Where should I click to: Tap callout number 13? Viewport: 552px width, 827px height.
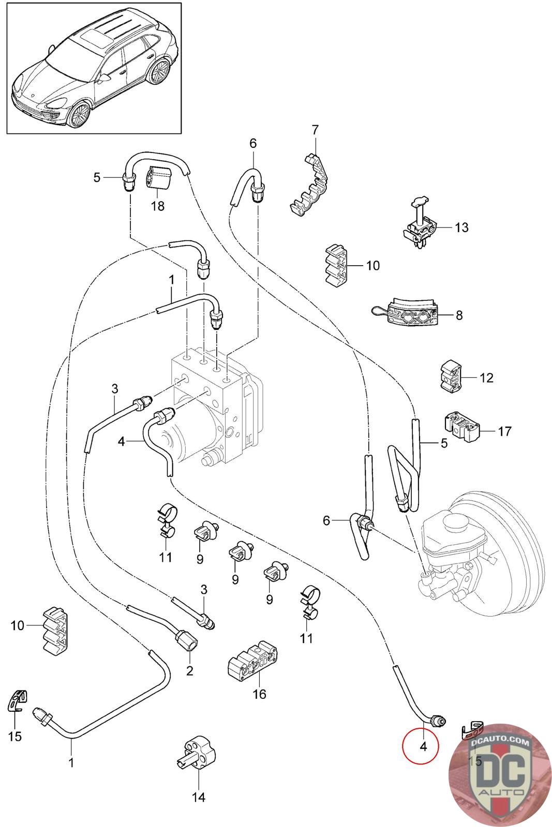[461, 227]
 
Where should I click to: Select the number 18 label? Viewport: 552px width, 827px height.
[157, 206]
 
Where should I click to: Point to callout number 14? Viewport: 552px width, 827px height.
[199, 797]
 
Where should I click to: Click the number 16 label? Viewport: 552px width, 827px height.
[259, 694]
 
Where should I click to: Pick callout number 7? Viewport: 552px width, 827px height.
[316, 130]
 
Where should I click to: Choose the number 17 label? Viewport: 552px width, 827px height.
[504, 431]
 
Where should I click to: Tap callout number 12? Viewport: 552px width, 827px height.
[486, 378]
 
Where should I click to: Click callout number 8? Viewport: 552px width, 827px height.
[459, 315]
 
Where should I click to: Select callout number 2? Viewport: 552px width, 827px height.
[189, 671]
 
